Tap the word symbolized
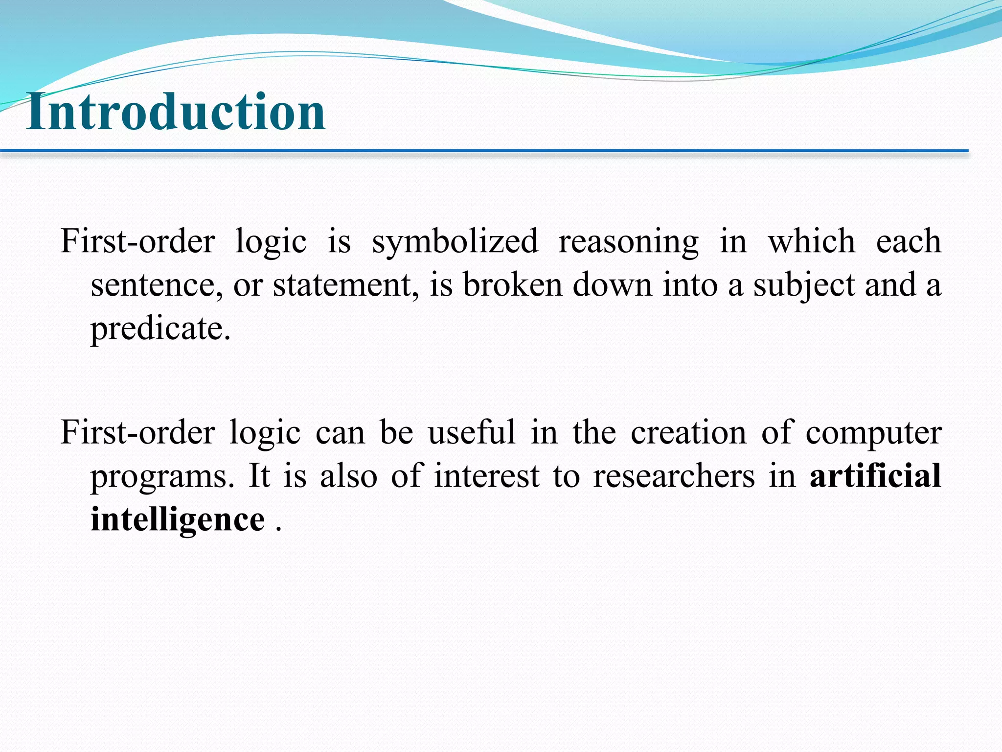pos(455,242)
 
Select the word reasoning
pos(629,242)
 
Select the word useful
pos(472,433)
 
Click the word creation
pos(688,433)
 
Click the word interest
pos(487,476)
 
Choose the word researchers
pos(674,476)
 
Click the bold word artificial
pos(875,475)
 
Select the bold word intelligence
pos(178,520)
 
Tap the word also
pos(348,476)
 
